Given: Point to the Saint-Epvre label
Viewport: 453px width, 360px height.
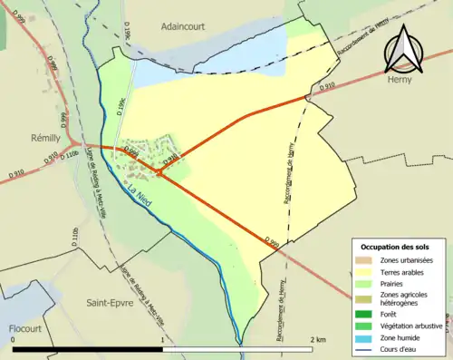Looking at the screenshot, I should (x=109, y=302).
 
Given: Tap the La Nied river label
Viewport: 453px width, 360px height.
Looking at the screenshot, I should (x=140, y=192).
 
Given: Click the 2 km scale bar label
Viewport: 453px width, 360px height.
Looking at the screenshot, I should (x=317, y=340).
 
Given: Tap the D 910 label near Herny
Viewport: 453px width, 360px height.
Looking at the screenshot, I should (x=327, y=87).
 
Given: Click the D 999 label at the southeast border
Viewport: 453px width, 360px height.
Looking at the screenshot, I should (x=272, y=241).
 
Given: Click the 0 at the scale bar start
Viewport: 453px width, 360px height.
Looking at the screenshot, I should (x=13, y=340).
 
